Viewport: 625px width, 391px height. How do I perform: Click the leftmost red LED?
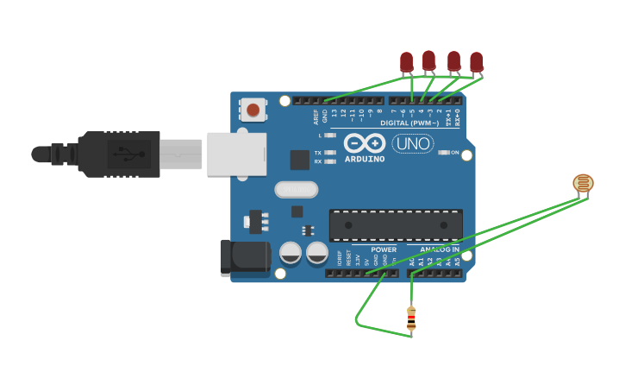click(x=407, y=62)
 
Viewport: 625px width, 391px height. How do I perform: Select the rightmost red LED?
click(x=476, y=62)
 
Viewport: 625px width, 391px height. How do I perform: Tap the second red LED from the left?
click(x=428, y=60)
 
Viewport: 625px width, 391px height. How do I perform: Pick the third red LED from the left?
click(x=453, y=61)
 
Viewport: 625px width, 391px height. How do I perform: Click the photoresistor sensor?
click(x=584, y=183)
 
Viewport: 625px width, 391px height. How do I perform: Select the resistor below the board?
click(x=411, y=318)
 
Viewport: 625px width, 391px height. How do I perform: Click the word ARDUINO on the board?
click(x=364, y=159)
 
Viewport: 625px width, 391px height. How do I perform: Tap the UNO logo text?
click(x=413, y=143)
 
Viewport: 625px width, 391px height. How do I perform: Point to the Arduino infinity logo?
click(x=364, y=142)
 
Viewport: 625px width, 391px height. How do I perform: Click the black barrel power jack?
click(x=246, y=259)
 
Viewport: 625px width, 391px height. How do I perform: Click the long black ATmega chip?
click(x=396, y=225)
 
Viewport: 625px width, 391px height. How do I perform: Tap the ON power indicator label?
click(x=455, y=153)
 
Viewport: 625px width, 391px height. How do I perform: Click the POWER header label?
click(x=384, y=249)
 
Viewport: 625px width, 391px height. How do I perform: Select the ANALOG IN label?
click(x=440, y=249)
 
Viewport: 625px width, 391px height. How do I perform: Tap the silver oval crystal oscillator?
click(x=297, y=189)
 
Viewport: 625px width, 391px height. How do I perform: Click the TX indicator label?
click(x=317, y=153)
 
